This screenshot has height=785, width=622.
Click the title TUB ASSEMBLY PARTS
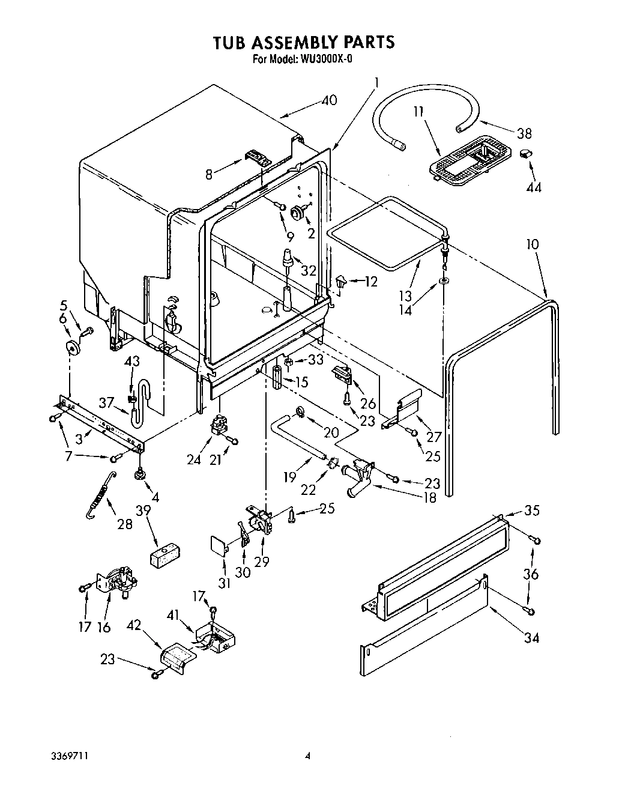[x=304, y=41]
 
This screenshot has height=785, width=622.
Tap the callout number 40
[x=328, y=100]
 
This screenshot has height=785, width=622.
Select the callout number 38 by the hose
[x=524, y=133]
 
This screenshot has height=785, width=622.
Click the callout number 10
[x=532, y=244]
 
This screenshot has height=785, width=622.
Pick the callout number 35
[x=532, y=511]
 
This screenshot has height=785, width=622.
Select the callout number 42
[x=133, y=625]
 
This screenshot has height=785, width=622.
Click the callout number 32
[x=308, y=271]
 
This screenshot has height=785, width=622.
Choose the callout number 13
[x=406, y=296]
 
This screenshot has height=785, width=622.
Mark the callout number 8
[x=209, y=175]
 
